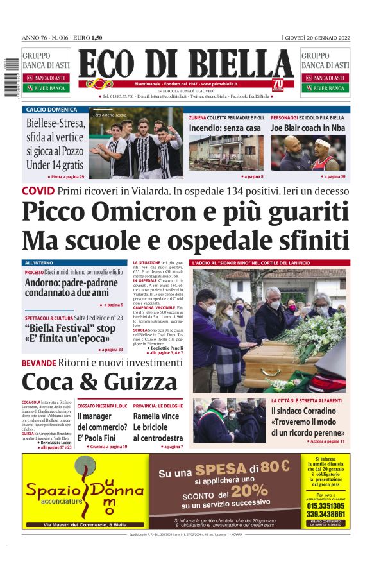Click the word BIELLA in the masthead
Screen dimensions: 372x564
coord(239,65)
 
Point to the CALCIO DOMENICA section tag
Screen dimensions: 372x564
coord(51,110)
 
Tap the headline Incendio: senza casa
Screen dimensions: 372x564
coord(224,128)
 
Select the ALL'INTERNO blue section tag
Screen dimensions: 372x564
coord(39,263)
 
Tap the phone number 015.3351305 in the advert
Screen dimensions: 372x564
coord(325,505)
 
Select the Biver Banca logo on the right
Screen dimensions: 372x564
coord(325,88)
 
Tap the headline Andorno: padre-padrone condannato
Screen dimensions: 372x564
coord(71,288)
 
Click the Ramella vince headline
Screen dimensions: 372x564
coord(155,416)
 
